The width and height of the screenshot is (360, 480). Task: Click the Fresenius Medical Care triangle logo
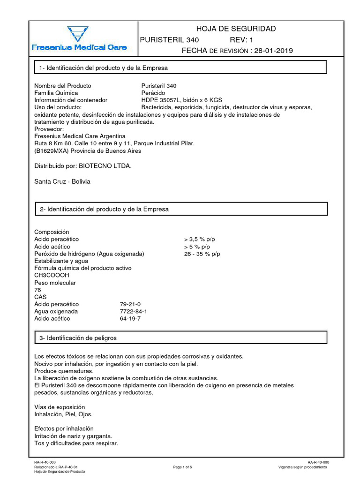pyautogui.click(x=75, y=34)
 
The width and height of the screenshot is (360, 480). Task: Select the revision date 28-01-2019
pyautogui.click(x=273, y=51)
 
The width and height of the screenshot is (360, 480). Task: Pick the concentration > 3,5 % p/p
pyautogui.click(x=200, y=239)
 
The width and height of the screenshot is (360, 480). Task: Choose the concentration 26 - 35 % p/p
pyautogui.click(x=202, y=254)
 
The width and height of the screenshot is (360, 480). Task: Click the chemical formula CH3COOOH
pyautogui.click(x=52, y=275)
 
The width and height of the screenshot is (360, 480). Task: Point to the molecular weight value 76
pyautogui.click(x=38, y=290)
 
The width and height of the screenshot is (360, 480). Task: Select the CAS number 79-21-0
pyautogui.click(x=130, y=304)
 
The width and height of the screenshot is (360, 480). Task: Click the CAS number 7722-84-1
pyautogui.click(x=133, y=311)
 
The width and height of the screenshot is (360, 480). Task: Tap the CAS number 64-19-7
pyautogui.click(x=130, y=318)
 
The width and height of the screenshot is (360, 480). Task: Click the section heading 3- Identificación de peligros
pyautogui.click(x=78, y=337)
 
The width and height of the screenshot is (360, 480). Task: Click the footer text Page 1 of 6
pyautogui.click(x=183, y=467)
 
